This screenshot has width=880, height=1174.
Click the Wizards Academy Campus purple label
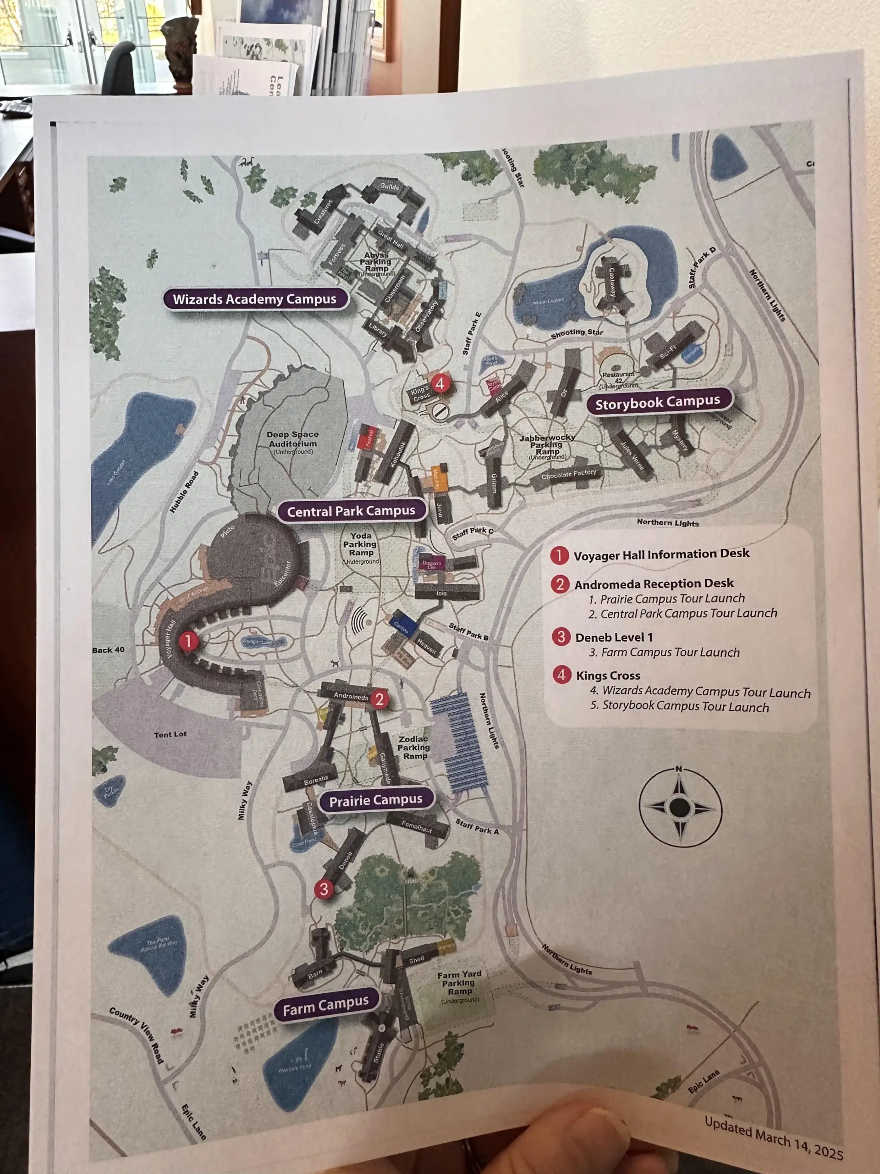pos(255,299)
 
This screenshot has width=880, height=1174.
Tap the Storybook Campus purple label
pos(658,403)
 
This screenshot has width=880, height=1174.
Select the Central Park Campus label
pos(351,511)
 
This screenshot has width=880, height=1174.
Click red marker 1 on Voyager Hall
pos(188,641)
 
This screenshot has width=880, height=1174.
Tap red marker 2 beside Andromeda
pos(379,699)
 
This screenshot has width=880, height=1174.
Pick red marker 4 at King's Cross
pos(440,382)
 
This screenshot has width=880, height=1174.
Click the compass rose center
pos(680,808)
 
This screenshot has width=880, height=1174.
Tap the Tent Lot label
pos(170,735)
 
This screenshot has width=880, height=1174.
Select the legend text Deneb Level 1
pos(614,637)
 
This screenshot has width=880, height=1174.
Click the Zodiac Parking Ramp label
pos(414,748)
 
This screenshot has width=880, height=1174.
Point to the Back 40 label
pos(108,650)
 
